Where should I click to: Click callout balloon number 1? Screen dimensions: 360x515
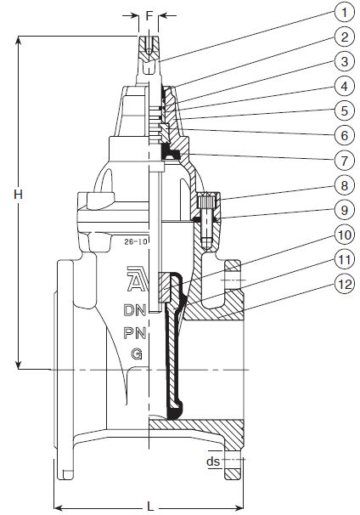click(344, 13)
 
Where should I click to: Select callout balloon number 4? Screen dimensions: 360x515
click(344, 87)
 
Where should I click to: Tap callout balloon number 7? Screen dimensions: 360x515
click(344, 161)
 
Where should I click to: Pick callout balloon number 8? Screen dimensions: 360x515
click(344, 185)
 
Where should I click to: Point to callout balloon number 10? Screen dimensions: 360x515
click(344, 235)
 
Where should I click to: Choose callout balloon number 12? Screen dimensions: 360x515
click(344, 284)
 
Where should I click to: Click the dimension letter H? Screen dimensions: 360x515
click(19, 195)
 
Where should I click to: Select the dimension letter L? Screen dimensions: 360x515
click(149, 507)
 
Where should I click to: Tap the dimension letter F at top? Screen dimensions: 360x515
click(149, 15)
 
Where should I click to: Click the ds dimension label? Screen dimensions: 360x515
click(213, 461)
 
